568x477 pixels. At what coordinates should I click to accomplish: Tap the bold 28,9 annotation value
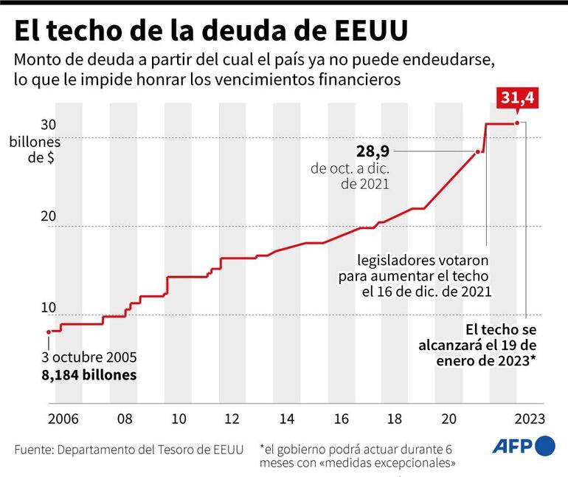[x=374, y=151]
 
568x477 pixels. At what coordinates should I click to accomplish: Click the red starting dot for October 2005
[x=49, y=332]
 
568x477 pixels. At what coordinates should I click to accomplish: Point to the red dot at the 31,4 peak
[x=517, y=123]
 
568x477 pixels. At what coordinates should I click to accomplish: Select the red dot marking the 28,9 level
[x=479, y=151]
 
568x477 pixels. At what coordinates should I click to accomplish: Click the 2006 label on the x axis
[x=63, y=419]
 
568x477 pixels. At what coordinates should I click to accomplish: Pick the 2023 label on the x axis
[x=529, y=419]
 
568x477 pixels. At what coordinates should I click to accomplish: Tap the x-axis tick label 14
[x=287, y=419]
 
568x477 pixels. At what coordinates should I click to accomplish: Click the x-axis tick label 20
[x=448, y=419]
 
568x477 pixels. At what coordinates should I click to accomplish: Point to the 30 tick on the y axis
[x=49, y=123]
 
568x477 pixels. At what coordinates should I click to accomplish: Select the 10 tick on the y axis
[x=49, y=306]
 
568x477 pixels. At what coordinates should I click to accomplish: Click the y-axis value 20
[x=49, y=216]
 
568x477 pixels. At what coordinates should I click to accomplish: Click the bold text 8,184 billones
[x=90, y=374]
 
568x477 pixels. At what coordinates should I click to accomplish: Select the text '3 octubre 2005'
[x=89, y=357]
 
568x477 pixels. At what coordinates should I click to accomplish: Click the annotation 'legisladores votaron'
[x=423, y=261]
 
